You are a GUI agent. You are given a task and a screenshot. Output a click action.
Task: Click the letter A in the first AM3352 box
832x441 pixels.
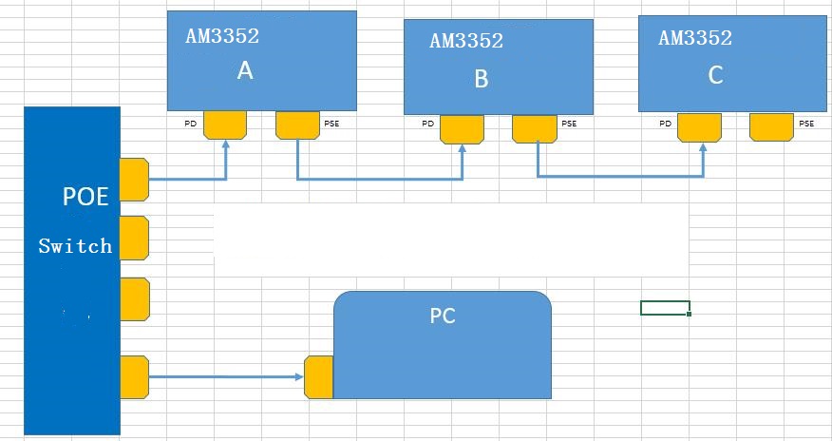pyautogui.click(x=245, y=71)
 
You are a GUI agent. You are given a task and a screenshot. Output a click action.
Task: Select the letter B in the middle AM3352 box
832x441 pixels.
pyautogui.click(x=481, y=79)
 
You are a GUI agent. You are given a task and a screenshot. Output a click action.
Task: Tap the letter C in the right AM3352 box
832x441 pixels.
pyautogui.click(x=716, y=76)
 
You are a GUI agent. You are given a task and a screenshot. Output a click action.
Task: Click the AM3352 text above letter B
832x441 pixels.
pyautogui.click(x=466, y=41)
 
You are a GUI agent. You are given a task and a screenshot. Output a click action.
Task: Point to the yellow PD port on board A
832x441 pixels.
pyautogui.click(x=225, y=125)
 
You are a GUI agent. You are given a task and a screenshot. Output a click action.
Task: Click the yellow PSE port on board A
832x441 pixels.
pyautogui.click(x=297, y=125)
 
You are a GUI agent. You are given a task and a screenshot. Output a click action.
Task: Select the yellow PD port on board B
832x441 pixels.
pyautogui.click(x=463, y=128)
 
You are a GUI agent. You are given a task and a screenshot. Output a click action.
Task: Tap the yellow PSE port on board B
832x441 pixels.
pyautogui.click(x=535, y=128)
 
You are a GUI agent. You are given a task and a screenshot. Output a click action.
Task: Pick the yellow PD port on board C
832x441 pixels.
pyautogui.click(x=699, y=126)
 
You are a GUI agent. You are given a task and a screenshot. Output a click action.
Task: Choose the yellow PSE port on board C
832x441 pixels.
pyautogui.click(x=771, y=126)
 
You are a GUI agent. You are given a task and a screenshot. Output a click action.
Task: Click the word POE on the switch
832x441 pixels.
pyautogui.click(x=85, y=197)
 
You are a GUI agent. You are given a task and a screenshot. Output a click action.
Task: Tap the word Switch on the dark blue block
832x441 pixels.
pyautogui.click(x=75, y=246)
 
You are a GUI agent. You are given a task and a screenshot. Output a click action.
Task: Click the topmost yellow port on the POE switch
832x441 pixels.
pyautogui.click(x=135, y=180)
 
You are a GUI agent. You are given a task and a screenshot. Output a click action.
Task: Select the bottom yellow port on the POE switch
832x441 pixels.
pyautogui.click(x=135, y=377)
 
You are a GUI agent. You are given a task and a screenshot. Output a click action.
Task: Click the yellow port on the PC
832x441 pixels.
pyautogui.click(x=319, y=377)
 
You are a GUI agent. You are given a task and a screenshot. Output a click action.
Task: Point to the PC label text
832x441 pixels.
pyautogui.click(x=443, y=316)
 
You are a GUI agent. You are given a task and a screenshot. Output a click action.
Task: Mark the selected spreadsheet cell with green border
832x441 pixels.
pyautogui.click(x=665, y=307)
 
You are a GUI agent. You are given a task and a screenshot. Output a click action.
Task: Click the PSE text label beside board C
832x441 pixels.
pyautogui.click(x=806, y=124)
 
